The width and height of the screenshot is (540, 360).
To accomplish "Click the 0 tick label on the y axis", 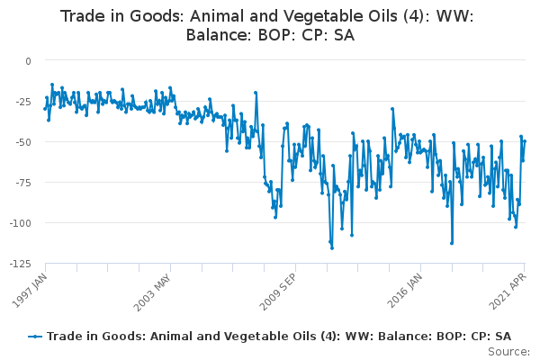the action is (28, 61).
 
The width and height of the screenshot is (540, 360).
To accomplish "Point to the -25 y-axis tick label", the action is (23, 102).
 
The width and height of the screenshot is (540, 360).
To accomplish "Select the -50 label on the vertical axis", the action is (23, 142).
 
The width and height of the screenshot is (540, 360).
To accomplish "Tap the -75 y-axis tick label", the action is (23, 183).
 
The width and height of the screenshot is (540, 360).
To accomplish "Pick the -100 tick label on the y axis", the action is (21, 223).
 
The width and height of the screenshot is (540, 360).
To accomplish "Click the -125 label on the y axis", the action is (21, 264).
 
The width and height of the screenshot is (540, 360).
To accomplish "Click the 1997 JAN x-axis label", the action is (30, 290).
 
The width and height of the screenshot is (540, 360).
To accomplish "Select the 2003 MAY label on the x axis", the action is (152, 292).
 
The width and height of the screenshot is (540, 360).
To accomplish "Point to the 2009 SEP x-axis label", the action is (277, 292).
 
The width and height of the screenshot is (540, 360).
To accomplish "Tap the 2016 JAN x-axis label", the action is (405, 291).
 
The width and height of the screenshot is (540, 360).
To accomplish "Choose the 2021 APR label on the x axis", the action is (508, 291).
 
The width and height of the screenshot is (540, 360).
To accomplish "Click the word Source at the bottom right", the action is (508, 352).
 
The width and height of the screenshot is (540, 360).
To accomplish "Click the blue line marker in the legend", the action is (35, 337).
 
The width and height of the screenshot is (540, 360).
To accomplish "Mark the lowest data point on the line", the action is (332, 248).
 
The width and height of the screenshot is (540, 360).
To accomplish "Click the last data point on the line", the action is (525, 141).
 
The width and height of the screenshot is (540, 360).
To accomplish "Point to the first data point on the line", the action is (45, 109).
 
